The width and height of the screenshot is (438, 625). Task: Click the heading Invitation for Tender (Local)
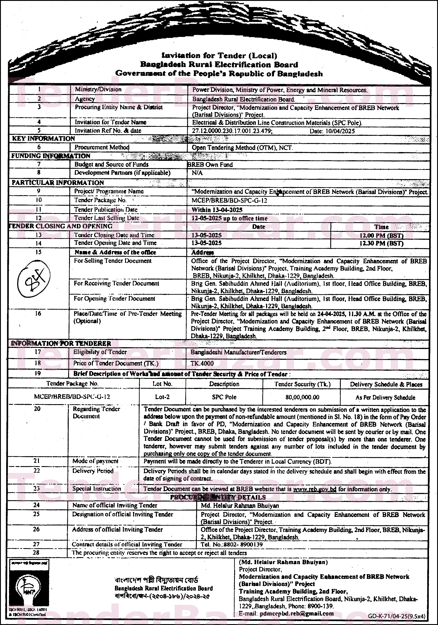[219, 56]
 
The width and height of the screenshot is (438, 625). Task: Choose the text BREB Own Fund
[210, 165]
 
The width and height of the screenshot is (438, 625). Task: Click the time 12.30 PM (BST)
[381, 243]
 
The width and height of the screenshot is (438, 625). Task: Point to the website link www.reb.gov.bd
[315, 489]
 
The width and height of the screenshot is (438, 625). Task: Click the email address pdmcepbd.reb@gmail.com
[297, 614]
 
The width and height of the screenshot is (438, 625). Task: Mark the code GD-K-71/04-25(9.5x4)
[396, 616]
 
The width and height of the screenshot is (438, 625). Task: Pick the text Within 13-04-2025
[217, 210]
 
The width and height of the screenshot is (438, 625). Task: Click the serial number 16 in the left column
[38, 314]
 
